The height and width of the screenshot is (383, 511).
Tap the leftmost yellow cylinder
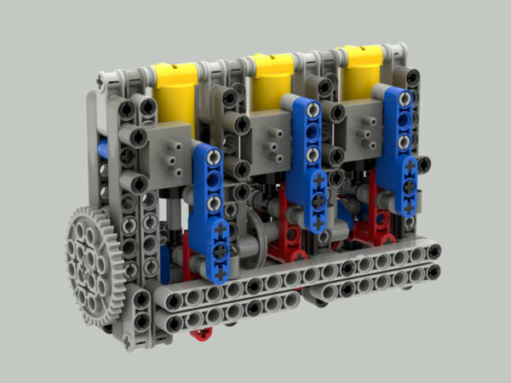(175, 89)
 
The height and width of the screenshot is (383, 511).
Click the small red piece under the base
(201, 333)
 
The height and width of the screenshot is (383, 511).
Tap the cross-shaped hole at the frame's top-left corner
(101, 81)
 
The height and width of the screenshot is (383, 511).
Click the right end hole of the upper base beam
(433, 251)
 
